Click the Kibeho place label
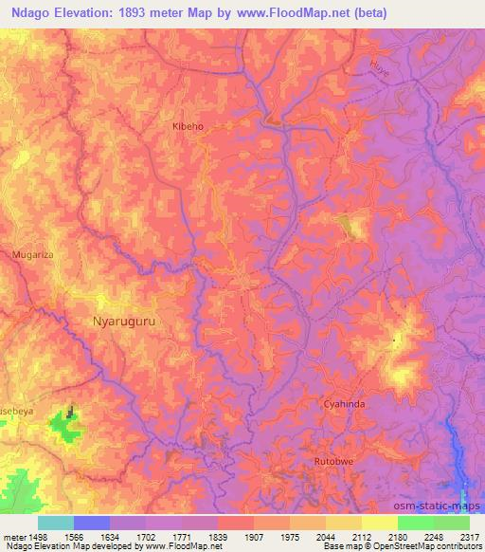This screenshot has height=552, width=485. pyautogui.click(x=188, y=125)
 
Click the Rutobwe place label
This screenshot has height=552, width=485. pyautogui.click(x=332, y=461)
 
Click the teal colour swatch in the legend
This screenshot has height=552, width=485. pyautogui.click(x=55, y=522)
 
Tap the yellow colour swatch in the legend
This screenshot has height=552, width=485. pyautogui.click(x=379, y=522)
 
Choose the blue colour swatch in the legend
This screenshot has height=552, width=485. pyautogui.click(x=91, y=522)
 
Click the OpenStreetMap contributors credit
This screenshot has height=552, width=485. pyautogui.click(x=435, y=546)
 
